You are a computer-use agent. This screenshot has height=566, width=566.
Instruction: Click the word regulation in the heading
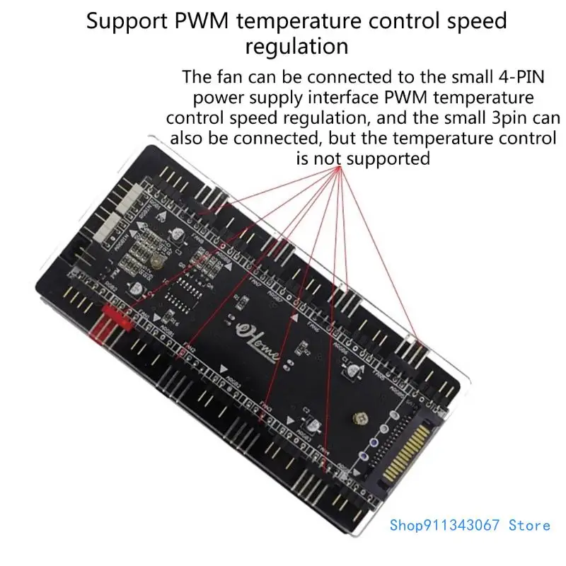(297, 46)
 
